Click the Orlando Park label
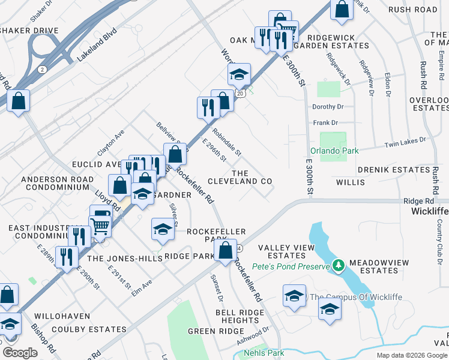click(334, 151)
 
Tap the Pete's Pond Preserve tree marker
click(339, 265)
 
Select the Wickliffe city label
click(430, 212)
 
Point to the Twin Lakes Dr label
click(405, 142)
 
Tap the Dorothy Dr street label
click(327, 107)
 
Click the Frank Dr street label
click(325, 123)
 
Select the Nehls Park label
click(264, 353)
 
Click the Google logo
click(20, 353)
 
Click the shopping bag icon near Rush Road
click(342, 10)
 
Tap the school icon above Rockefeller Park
click(163, 229)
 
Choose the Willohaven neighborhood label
click(62, 316)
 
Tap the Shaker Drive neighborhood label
click(29, 31)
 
